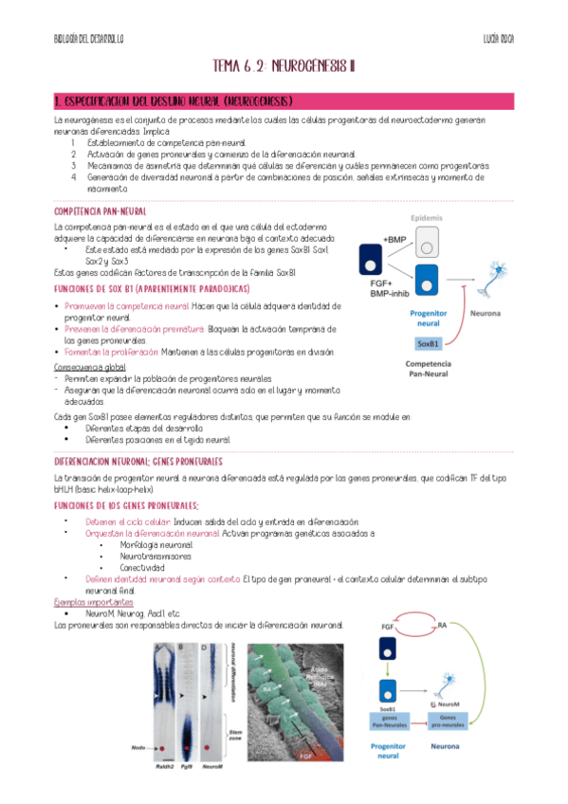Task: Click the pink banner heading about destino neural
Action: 173,100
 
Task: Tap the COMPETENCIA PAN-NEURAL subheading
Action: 101,211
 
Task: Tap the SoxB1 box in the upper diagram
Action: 429,342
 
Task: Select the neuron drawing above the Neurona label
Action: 494,279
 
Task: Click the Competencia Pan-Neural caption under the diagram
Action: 428,369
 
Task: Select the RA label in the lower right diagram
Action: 442,624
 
